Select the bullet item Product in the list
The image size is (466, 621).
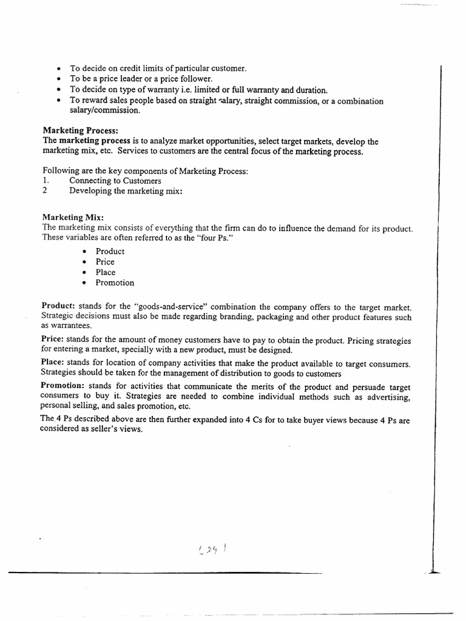pyautogui.click(x=109, y=251)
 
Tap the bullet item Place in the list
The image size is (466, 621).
pyautogui.click(x=105, y=272)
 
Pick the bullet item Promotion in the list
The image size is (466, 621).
pyautogui.click(x=115, y=283)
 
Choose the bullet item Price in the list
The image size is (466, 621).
pyautogui.click(x=105, y=262)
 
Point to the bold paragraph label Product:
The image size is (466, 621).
pyautogui.click(x=58, y=306)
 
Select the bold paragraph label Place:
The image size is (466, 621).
pyautogui.click(x=53, y=363)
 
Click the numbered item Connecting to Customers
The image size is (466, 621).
pyautogui.click(x=115, y=181)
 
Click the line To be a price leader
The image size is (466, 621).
pyautogui.click(x=140, y=79)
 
